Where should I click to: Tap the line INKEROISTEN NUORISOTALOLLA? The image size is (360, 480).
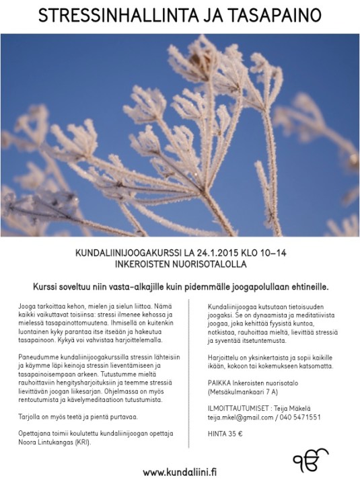point(180,266)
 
